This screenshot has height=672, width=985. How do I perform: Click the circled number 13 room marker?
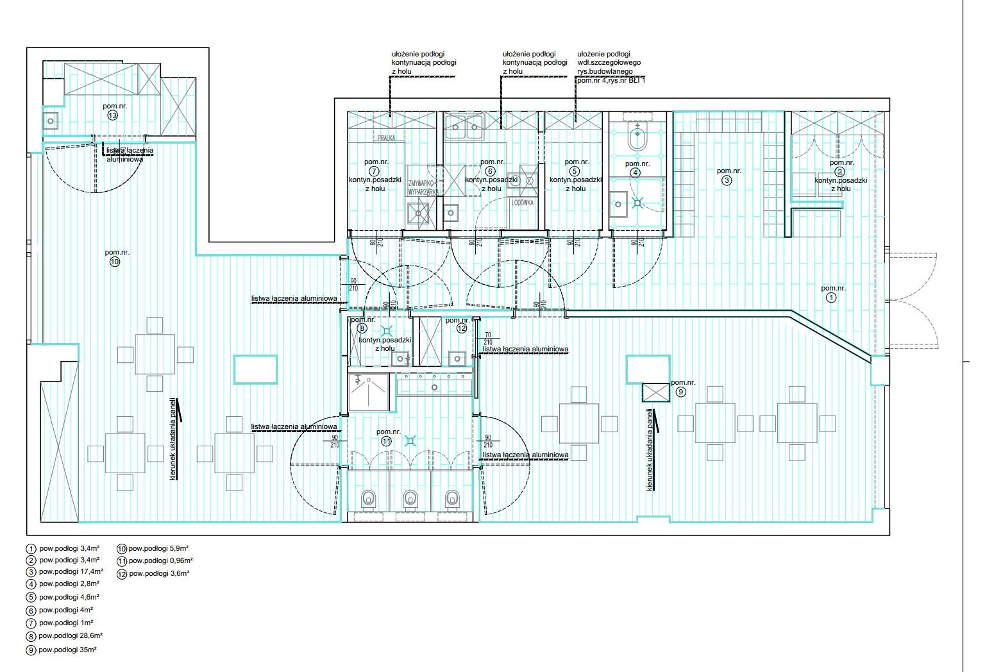point(113,116)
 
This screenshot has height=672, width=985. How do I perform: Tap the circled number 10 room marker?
point(114,262)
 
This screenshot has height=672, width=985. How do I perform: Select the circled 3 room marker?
point(727,181)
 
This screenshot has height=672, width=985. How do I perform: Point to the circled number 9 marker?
point(680,392)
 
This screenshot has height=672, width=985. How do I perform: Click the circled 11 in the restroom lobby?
point(386,442)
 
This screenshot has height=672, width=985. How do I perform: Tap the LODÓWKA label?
point(523,203)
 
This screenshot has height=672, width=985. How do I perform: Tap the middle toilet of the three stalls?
point(409,498)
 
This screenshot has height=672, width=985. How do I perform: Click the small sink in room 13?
point(50,119)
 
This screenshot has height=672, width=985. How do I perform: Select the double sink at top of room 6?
point(464,126)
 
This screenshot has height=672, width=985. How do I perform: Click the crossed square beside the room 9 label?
point(655,392)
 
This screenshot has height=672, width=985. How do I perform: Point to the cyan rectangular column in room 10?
point(256,369)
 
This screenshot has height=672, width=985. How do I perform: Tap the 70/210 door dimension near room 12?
point(487,339)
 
